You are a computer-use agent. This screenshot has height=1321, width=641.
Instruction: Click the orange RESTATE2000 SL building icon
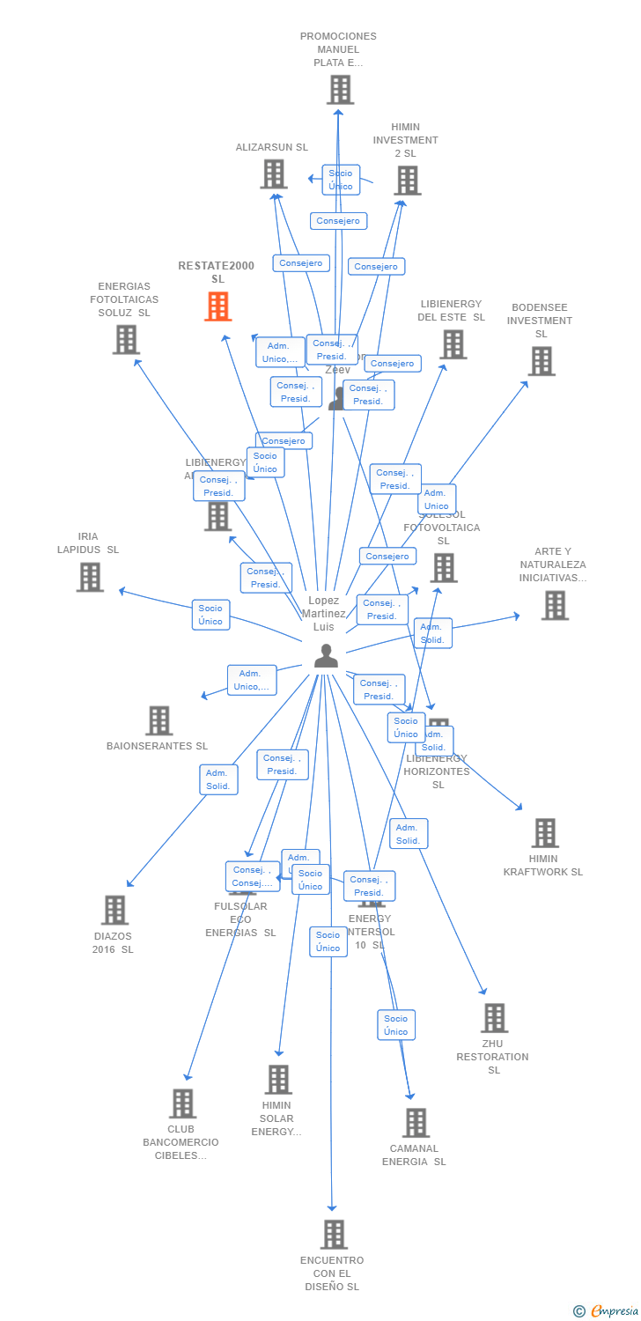[218, 306]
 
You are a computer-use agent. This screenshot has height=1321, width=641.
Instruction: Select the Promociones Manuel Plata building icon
[340, 90]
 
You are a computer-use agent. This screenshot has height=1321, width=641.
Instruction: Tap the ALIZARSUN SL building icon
[274, 173]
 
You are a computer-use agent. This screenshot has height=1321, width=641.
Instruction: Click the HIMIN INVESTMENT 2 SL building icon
[407, 181]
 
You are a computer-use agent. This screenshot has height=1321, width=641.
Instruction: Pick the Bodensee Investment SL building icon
[542, 360]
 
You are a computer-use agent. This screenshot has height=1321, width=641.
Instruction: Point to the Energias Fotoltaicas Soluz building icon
[126, 339]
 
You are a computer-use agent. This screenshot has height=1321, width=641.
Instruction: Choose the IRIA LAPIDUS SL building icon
[90, 577]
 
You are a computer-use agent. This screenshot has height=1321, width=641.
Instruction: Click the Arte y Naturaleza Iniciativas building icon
[555, 605]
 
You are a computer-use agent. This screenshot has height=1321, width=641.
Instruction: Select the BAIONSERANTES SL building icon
[158, 720]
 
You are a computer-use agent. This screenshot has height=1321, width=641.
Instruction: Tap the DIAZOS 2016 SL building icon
[114, 910]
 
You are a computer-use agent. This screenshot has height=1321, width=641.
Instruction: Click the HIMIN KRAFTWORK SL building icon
[545, 832]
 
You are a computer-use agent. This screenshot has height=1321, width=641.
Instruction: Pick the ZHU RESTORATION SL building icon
[494, 1018]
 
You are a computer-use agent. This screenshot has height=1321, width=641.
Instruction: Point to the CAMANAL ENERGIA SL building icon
[416, 1123]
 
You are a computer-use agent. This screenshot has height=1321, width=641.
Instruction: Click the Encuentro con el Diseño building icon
[334, 1235]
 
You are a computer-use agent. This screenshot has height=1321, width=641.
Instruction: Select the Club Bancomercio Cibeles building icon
[182, 1103]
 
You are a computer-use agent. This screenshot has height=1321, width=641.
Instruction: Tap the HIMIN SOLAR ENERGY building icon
[278, 1080]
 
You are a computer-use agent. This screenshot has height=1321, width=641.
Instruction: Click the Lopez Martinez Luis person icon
[326, 656]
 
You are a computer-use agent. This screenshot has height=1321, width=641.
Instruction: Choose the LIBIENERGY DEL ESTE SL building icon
[453, 344]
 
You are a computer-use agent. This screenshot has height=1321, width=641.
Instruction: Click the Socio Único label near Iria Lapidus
[210, 615]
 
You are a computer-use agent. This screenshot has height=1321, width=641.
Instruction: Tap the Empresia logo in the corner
[608, 1311]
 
